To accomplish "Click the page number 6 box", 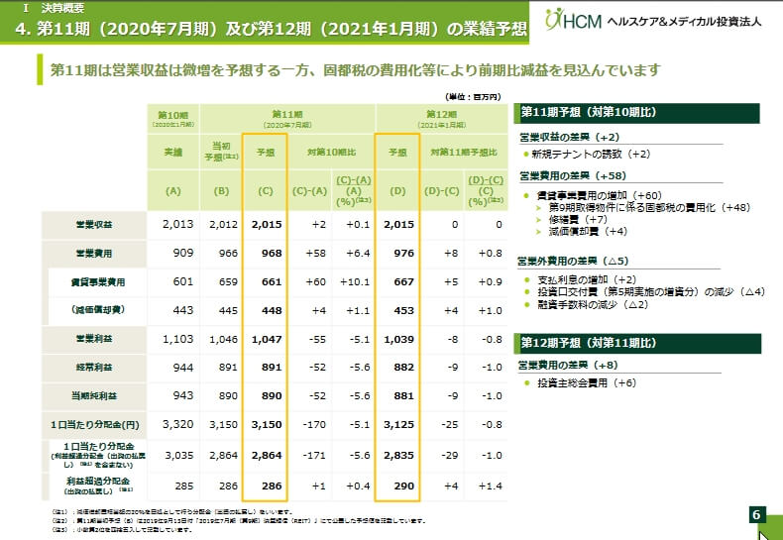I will coord(755,514).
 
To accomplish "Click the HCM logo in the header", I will coord(572,20).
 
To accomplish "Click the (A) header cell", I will coord(173,190).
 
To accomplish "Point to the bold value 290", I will coord(399,486).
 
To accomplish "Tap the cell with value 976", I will coord(399,253).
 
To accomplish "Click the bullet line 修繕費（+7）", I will coord(575,218).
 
